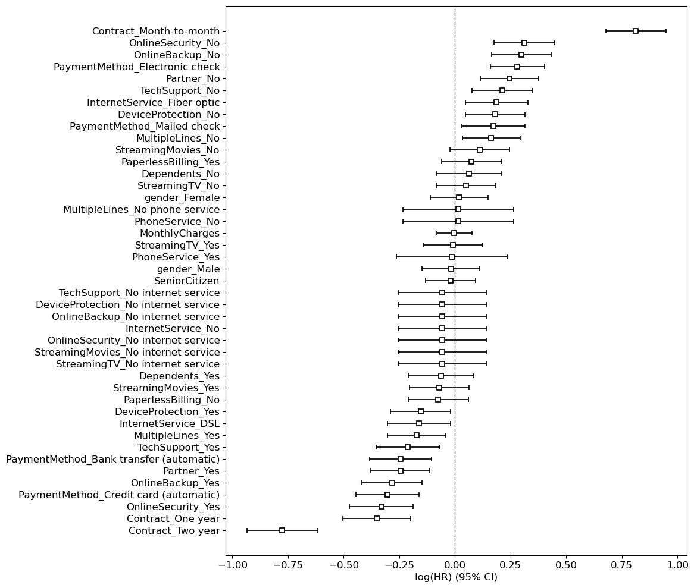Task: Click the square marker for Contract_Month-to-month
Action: [635, 31]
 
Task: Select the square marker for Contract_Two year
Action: [282, 530]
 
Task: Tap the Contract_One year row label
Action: [173, 518]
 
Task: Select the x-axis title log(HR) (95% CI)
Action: [456, 577]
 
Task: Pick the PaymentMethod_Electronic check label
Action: [136, 67]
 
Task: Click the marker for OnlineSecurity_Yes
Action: [382, 507]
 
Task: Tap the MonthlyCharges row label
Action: [179, 233]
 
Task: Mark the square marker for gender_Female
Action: [458, 197]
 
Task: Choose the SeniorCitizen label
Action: [186, 281]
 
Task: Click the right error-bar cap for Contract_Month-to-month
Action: [666, 31]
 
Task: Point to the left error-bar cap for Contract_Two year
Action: [247, 530]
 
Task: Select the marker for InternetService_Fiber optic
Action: [496, 102]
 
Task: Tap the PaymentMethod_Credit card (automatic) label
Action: [119, 495]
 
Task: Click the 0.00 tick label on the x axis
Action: [455, 564]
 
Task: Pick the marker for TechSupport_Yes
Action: [408, 447]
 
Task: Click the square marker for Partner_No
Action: [509, 78]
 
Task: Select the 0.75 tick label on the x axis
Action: [621, 564]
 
